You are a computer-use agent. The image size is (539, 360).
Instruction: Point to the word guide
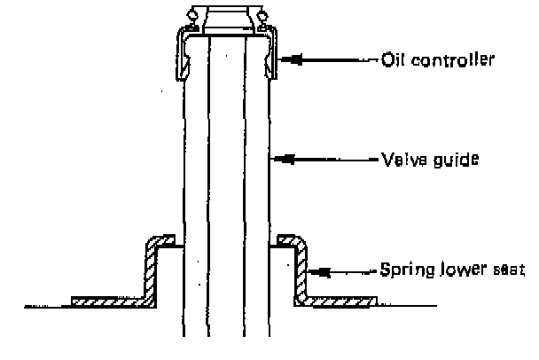click(x=457, y=160)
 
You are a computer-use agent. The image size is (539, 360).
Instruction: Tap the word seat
click(x=509, y=270)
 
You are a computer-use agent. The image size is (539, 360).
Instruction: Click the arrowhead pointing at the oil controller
click(x=292, y=59)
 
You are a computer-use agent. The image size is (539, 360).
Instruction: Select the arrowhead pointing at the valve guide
click(x=284, y=159)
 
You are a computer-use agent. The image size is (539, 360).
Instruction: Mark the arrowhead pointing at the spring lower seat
click(x=320, y=272)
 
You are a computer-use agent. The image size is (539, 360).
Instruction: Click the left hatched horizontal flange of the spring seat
click(x=109, y=301)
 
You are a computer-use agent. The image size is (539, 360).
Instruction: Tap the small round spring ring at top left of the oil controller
click(x=193, y=15)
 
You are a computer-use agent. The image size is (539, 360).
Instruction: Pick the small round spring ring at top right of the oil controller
click(x=263, y=15)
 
